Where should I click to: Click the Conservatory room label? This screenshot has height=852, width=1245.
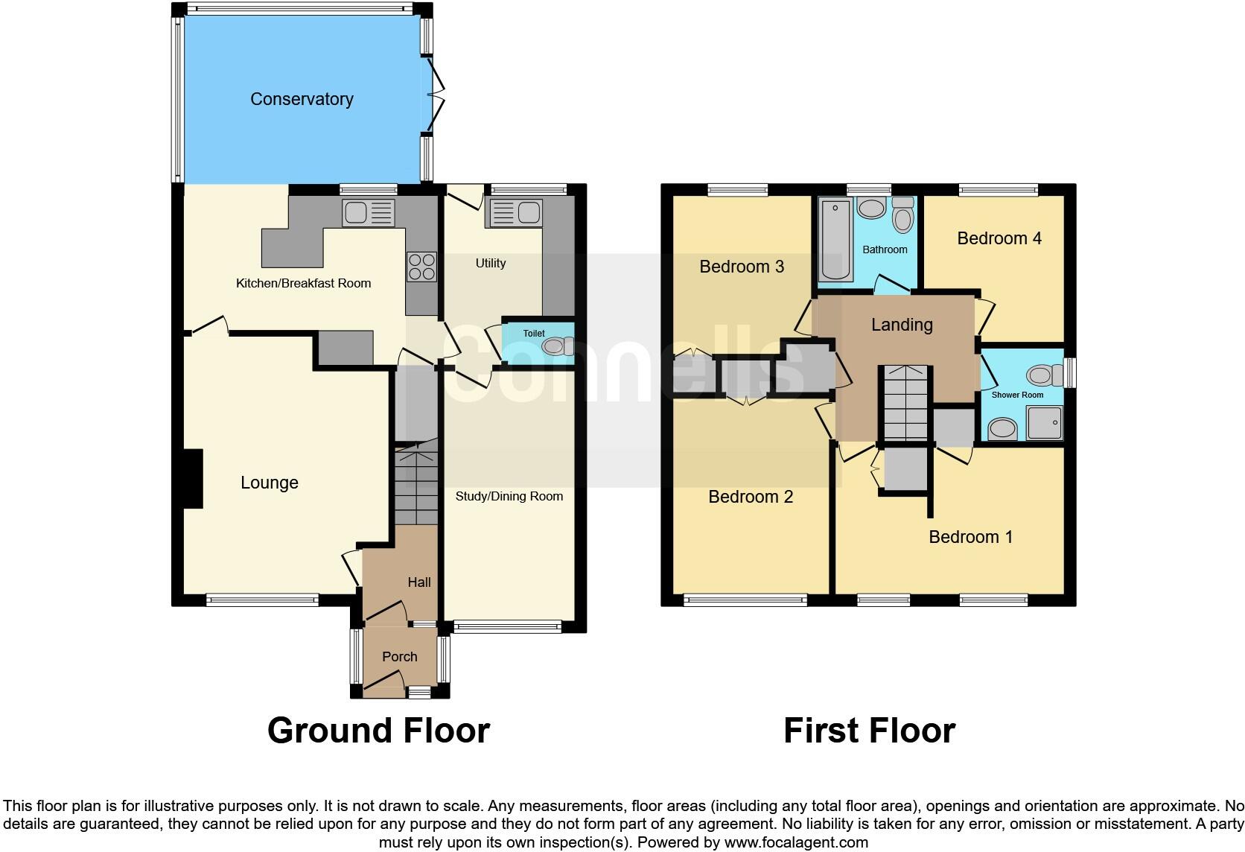tap(302, 99)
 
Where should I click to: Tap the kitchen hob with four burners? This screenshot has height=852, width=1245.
tap(421, 267)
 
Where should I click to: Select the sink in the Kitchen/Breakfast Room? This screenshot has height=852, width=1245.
tap(368, 213)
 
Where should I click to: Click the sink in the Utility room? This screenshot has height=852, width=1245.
tap(514, 212)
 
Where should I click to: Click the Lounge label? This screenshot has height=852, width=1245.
tap(270, 483)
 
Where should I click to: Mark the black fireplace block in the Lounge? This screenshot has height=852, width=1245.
tap(193, 479)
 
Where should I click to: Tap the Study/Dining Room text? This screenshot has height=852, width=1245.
tap(509, 496)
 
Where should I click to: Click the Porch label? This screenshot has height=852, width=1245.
tap(399, 657)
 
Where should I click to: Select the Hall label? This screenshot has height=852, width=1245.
tap(419, 582)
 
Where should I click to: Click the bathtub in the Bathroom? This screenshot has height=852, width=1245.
tap(835, 240)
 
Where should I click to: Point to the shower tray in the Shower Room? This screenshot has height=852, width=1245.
tap(1044, 423)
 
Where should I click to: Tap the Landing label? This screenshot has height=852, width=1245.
tap(902, 325)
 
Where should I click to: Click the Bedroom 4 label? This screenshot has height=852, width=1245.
tap(999, 238)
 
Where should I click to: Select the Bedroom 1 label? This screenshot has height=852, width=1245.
tap(970, 537)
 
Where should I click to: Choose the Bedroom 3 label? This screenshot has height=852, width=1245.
tap(742, 267)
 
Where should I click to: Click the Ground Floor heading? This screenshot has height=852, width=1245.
tap(378, 731)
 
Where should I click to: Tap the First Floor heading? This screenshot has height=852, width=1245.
tap(869, 731)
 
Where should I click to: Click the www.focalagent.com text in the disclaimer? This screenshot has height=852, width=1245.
tap(795, 842)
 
